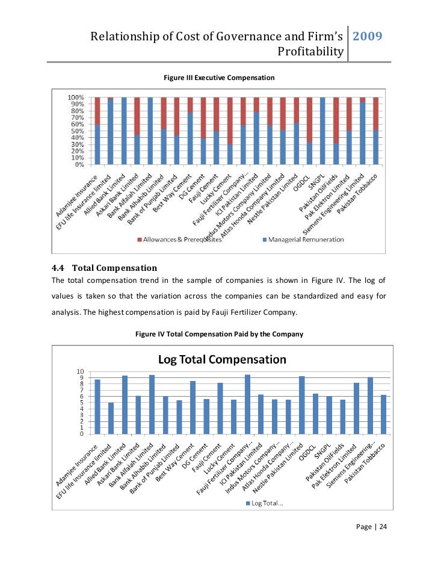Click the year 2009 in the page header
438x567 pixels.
pos(368,37)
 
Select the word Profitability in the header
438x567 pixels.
pos(310,52)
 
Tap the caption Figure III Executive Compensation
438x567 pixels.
pos(219,78)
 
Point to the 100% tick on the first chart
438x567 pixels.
pos(75,98)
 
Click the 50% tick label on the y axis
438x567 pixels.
pos(76,131)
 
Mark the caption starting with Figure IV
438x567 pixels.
pos(219,333)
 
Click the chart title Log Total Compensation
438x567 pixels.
pos(222,359)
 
